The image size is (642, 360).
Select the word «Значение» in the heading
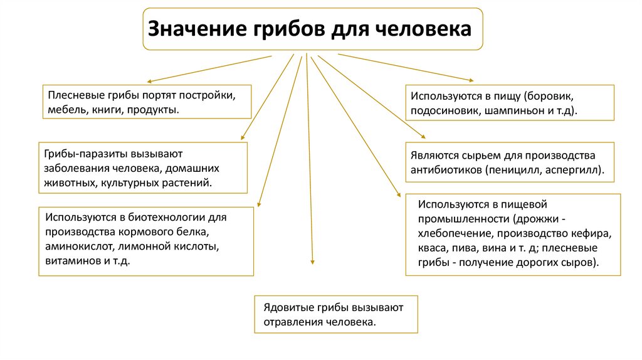click(x=196, y=29)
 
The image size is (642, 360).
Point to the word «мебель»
click(x=63, y=110)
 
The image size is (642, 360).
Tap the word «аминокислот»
click(x=75, y=246)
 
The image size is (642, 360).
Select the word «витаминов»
click(x=68, y=260)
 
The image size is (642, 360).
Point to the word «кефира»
click(x=594, y=234)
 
